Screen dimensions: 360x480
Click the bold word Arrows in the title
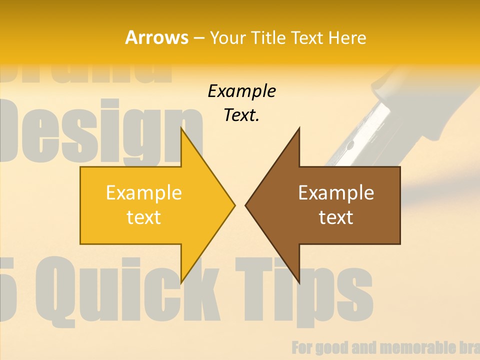point(156,37)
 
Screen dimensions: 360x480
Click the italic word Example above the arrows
point(241,91)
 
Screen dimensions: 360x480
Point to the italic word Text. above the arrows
point(241,115)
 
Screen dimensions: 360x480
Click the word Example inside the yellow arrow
point(144,192)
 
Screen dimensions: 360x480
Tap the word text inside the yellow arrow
point(144,217)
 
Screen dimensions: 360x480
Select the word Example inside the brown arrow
point(336,192)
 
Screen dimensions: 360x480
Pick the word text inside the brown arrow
point(336,217)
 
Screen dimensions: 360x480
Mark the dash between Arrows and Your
point(198,38)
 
